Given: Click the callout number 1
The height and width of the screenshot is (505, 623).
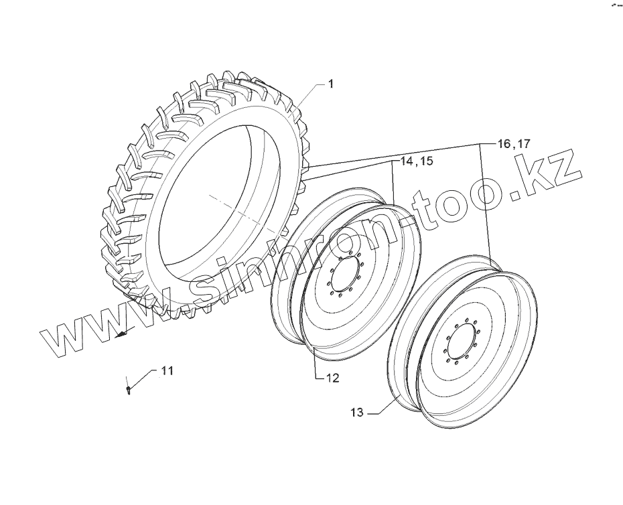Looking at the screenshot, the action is [330, 84].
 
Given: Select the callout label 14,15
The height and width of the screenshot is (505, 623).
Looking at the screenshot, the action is [417, 161].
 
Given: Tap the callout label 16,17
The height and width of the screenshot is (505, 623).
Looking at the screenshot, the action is [514, 143].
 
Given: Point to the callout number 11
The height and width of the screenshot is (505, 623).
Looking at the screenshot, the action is [167, 370].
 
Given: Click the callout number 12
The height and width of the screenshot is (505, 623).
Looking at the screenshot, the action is [333, 378].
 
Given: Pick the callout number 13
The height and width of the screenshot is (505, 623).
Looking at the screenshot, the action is [357, 413].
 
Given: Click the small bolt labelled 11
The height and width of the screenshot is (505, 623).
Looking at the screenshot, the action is [128, 389].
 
